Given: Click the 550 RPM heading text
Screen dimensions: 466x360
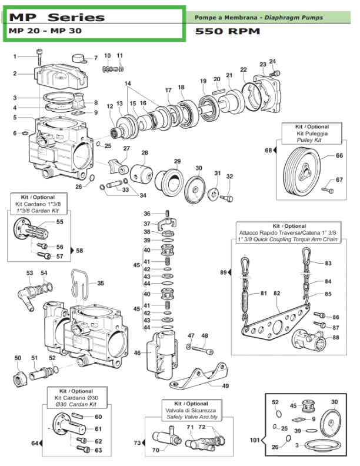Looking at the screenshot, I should pyautogui.click(x=227, y=31).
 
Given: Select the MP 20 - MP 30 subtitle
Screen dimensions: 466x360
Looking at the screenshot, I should pyautogui.click(x=45, y=31).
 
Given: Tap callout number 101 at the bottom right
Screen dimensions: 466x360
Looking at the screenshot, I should pyautogui.click(x=254, y=438).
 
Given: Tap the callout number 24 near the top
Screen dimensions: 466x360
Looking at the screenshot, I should pyautogui.click(x=272, y=61).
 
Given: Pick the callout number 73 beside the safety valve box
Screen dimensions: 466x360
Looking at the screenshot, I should pyautogui.click(x=136, y=442).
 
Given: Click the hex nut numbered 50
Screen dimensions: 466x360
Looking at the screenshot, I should pyautogui.click(x=19, y=377).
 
